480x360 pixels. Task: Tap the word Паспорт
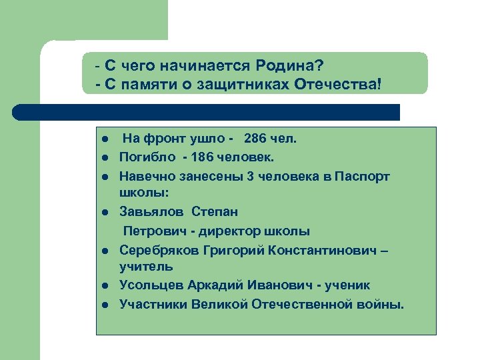(x=363, y=177)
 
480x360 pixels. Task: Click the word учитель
(x=146, y=267)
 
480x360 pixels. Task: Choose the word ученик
(x=348, y=285)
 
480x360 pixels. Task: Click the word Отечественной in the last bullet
(x=297, y=305)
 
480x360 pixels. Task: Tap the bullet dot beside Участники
(x=106, y=305)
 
